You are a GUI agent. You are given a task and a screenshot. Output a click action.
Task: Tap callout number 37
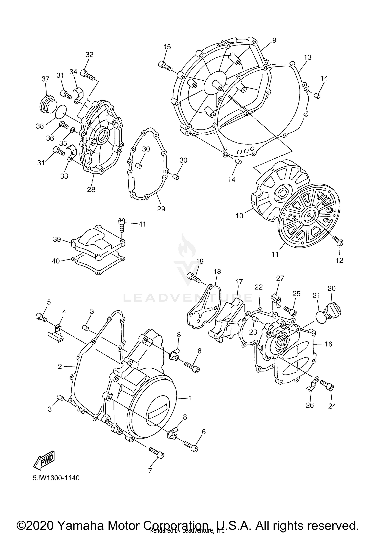[x=45, y=79]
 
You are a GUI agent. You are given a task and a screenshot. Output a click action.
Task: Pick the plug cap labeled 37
[x=47, y=103]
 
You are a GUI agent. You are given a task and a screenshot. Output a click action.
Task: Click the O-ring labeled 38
[x=61, y=112]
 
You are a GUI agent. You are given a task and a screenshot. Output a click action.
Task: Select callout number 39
[x=57, y=239]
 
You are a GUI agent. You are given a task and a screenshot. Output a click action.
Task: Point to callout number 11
[x=275, y=254]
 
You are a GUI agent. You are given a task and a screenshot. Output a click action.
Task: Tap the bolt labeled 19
[x=194, y=277]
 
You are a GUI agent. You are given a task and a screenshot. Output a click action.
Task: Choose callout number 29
[x=161, y=209]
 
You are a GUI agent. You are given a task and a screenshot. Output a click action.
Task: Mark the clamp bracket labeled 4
[x=56, y=334]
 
